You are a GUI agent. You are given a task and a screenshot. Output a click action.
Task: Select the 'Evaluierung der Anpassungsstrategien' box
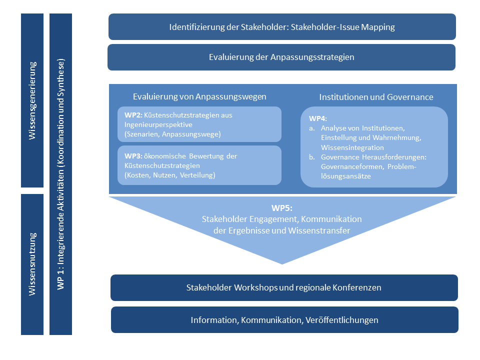[281, 57]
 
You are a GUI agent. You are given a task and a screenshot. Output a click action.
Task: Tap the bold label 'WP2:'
[133, 115]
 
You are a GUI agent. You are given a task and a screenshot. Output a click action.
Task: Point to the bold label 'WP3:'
[133, 156]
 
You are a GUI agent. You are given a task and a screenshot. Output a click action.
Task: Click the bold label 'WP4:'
[318, 118]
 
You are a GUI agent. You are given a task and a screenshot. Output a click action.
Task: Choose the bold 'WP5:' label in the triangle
[282, 208]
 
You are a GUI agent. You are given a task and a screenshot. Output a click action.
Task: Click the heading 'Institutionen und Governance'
[376, 97]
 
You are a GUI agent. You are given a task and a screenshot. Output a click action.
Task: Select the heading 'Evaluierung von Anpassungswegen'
[199, 96]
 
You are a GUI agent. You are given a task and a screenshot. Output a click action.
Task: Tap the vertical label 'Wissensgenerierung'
[32, 100]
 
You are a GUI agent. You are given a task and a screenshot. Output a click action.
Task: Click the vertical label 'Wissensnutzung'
[32, 264]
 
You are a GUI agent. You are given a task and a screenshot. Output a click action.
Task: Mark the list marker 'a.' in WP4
[312, 128]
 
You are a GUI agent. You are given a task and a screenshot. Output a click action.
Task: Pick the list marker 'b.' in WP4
[312, 157]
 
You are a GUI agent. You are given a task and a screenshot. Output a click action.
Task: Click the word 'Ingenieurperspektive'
[158, 125]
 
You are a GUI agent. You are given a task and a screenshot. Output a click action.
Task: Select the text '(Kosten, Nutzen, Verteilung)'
[170, 175]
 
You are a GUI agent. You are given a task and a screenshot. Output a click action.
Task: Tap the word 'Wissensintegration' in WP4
[352, 147]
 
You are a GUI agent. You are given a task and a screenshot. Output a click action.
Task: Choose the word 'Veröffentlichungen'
[342, 320]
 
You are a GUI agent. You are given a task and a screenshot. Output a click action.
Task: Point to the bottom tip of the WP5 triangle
[282, 264]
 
